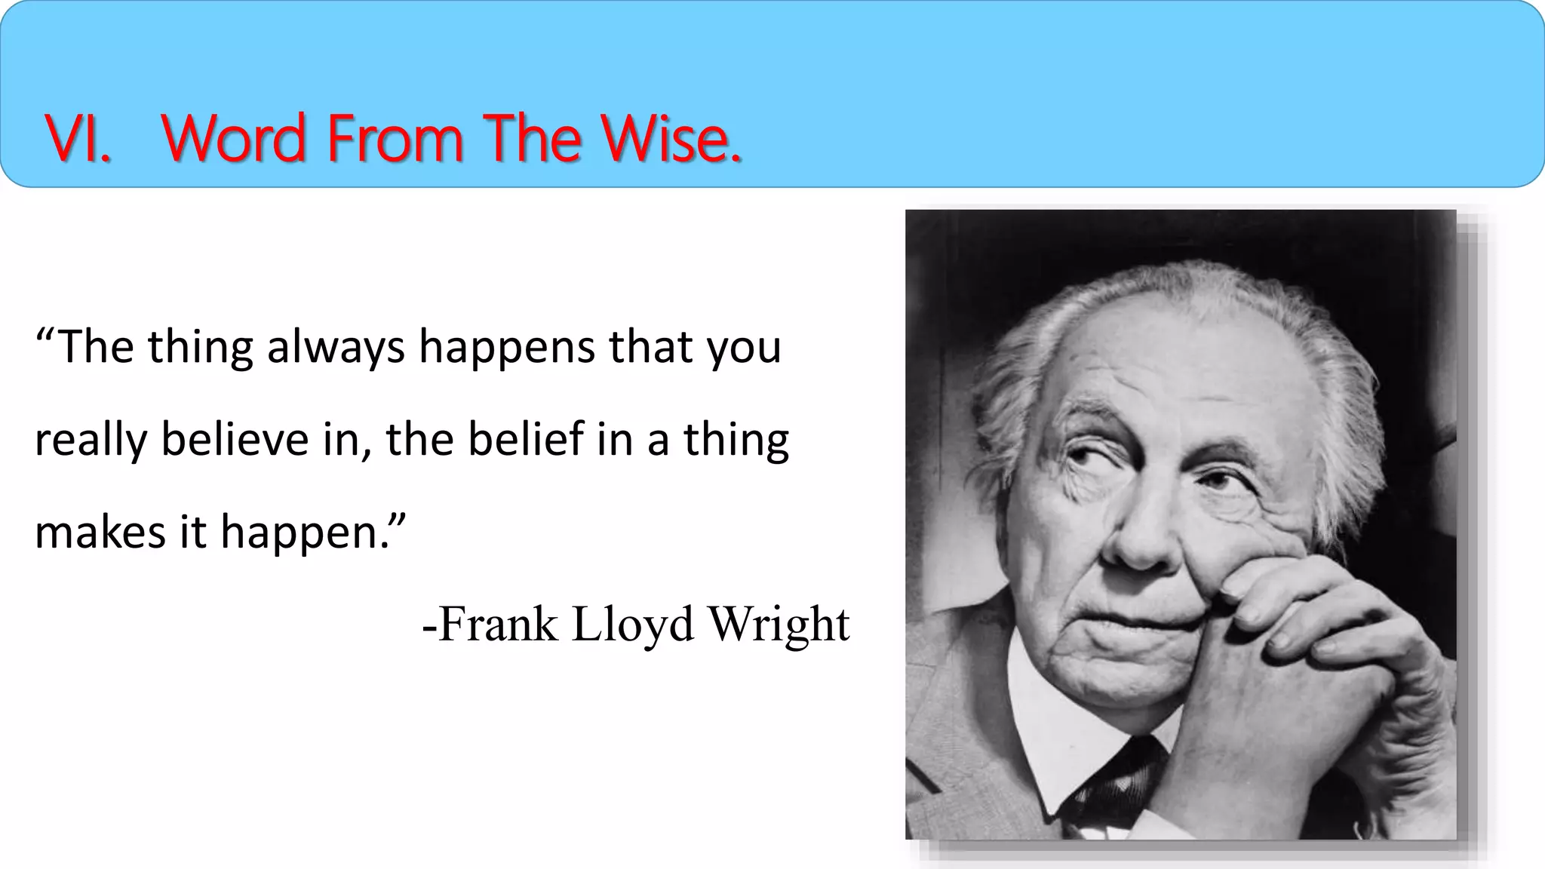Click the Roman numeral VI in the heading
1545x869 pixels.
[x=78, y=139]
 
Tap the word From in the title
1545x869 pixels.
[x=395, y=139]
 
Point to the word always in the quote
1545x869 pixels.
[x=336, y=349]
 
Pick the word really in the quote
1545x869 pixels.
[x=90, y=441]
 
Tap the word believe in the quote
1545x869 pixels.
[x=235, y=440]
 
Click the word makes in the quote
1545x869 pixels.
[x=100, y=533]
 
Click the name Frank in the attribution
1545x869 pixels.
[x=497, y=625]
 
